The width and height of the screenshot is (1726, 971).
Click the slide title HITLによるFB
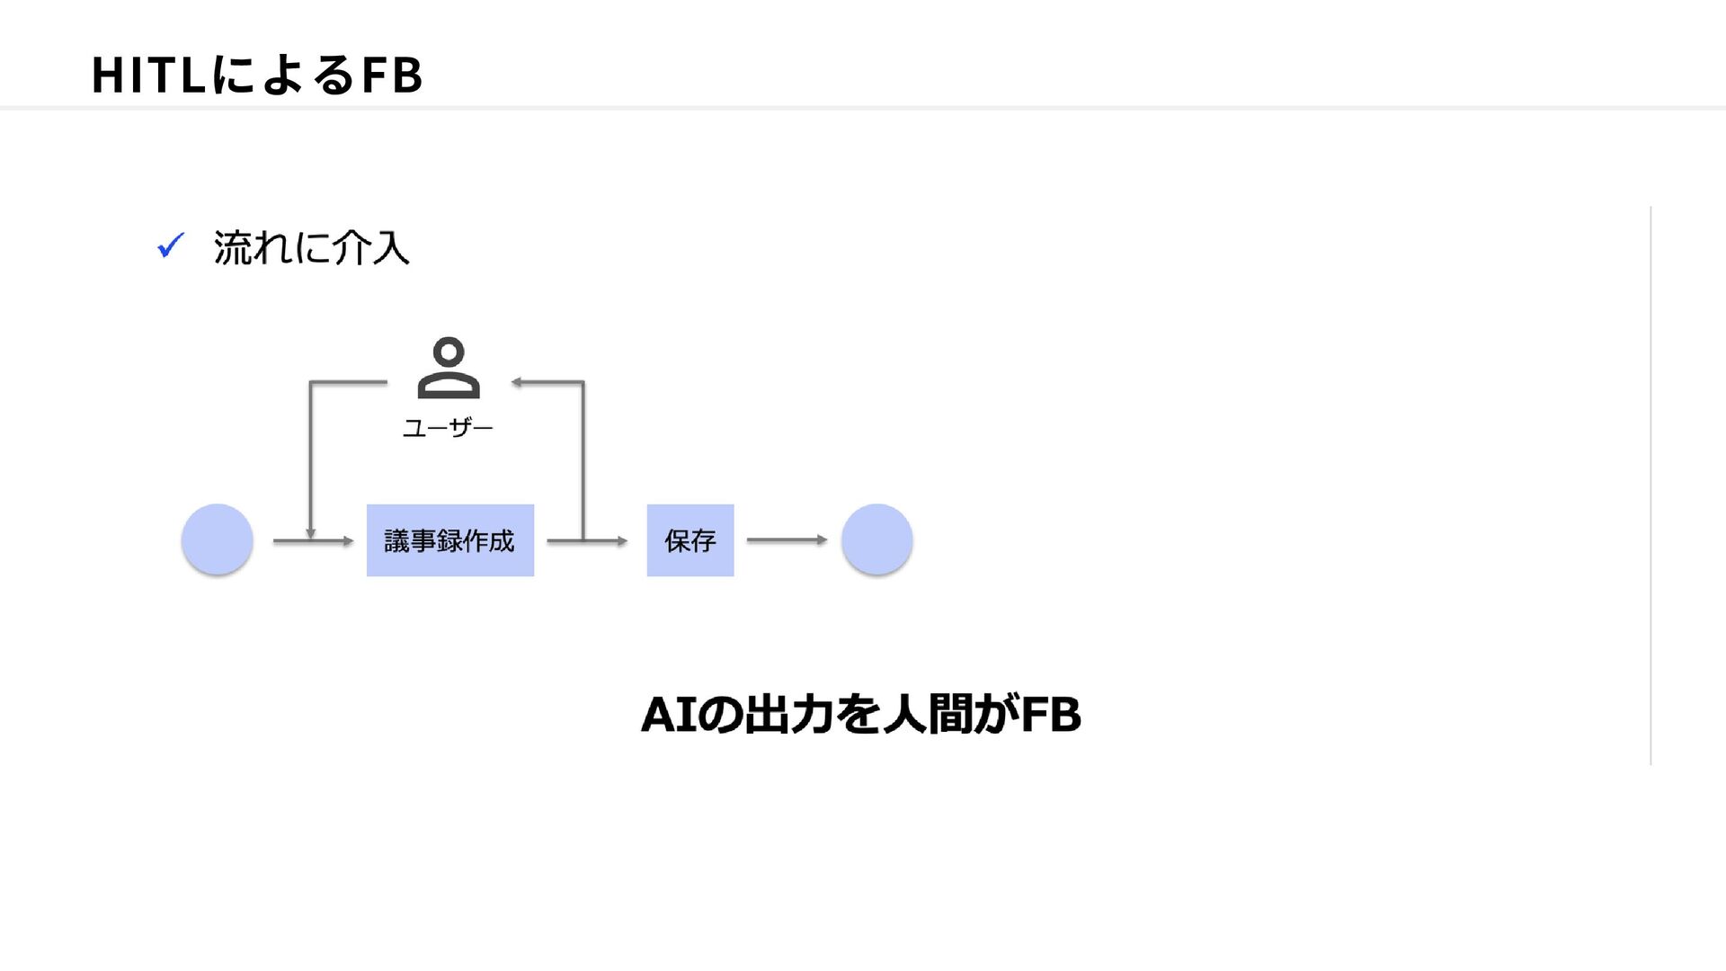click(x=257, y=75)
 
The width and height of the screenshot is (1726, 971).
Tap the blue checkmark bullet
click(x=171, y=245)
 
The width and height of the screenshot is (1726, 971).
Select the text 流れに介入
click(x=311, y=247)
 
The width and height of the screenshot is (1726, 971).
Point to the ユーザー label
click(x=448, y=428)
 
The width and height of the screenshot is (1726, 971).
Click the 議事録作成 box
click(x=450, y=540)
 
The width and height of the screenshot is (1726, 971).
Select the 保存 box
click(x=690, y=540)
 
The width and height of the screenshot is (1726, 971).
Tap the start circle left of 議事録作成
click(x=217, y=539)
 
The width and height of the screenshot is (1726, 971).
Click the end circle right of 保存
click(x=877, y=539)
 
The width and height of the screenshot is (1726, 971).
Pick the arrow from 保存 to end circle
click(x=787, y=539)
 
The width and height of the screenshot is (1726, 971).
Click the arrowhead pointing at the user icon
click(x=517, y=382)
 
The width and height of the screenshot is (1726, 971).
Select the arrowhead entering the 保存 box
click(x=621, y=541)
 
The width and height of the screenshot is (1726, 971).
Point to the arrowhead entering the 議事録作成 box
click(x=348, y=541)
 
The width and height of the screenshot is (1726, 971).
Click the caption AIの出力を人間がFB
click(x=861, y=715)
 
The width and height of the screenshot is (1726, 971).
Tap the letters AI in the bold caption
click(x=669, y=716)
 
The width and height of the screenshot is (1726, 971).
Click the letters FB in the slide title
click(x=392, y=75)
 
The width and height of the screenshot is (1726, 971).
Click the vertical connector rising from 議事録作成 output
click(x=583, y=461)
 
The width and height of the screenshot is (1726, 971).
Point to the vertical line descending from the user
click(x=310, y=460)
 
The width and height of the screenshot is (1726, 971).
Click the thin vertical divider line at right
click(x=1650, y=485)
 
